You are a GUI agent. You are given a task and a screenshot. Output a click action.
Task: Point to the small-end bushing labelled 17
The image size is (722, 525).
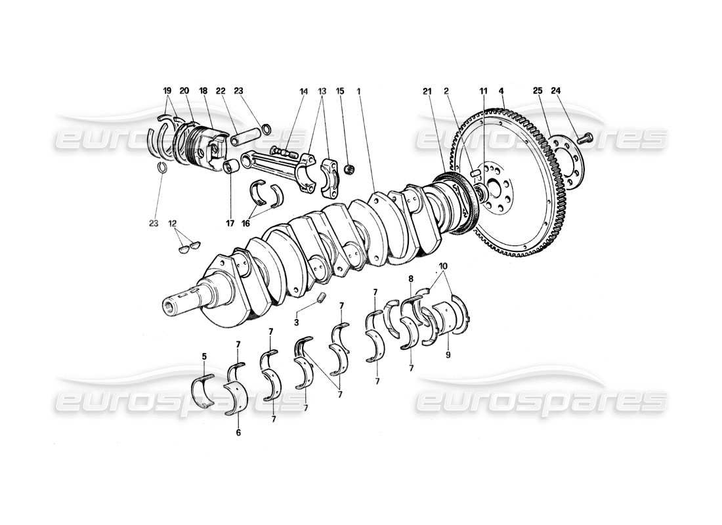pyautogui.click(x=230, y=167)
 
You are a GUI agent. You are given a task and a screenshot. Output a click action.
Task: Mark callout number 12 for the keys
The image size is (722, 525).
pyautogui.click(x=173, y=223)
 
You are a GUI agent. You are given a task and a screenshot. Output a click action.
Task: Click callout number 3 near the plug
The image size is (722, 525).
pyautogui.click(x=297, y=322)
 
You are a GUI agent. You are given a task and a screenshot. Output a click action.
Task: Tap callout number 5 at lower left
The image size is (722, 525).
pyautogui.click(x=204, y=357)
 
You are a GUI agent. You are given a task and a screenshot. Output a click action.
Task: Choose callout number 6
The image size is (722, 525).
pyautogui.click(x=238, y=433)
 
